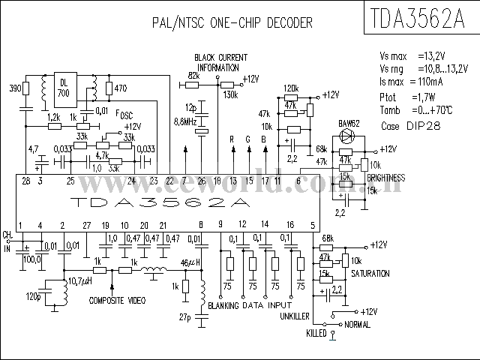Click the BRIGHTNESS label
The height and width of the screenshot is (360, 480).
click(386, 178)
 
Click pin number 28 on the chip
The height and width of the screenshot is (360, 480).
click(26, 181)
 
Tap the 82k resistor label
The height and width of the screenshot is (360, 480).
click(193, 76)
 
